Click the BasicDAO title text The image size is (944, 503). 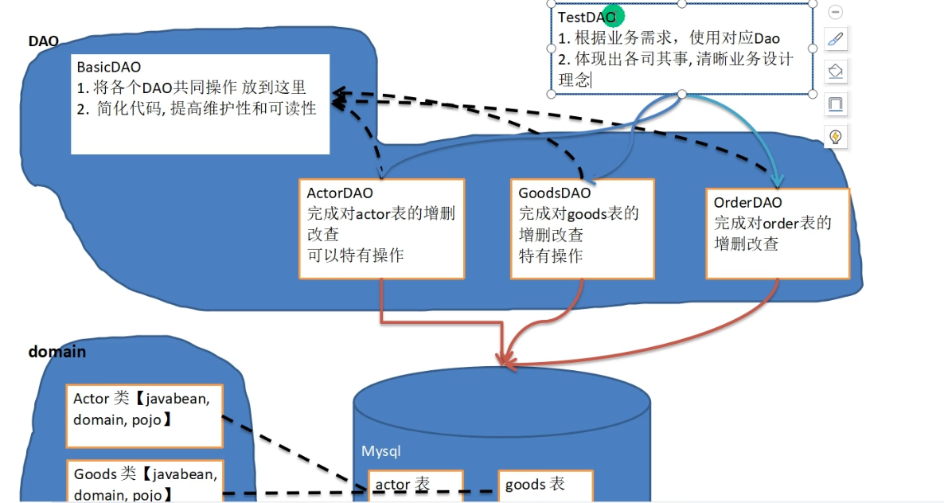[x=109, y=68]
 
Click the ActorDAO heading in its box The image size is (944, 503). [x=340, y=193]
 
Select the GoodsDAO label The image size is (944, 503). [x=555, y=193]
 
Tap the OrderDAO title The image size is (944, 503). [x=748, y=203]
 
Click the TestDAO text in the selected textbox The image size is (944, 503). [x=585, y=17]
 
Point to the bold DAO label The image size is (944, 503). [x=44, y=41]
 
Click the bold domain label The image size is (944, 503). [x=57, y=351]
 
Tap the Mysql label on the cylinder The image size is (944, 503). [x=381, y=451]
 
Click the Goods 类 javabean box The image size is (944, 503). [x=144, y=482]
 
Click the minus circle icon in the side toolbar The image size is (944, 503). [x=836, y=12]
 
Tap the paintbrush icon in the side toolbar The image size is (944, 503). [x=836, y=38]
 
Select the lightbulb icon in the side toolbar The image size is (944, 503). [x=836, y=136]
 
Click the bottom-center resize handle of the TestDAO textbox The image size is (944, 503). [x=682, y=95]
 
